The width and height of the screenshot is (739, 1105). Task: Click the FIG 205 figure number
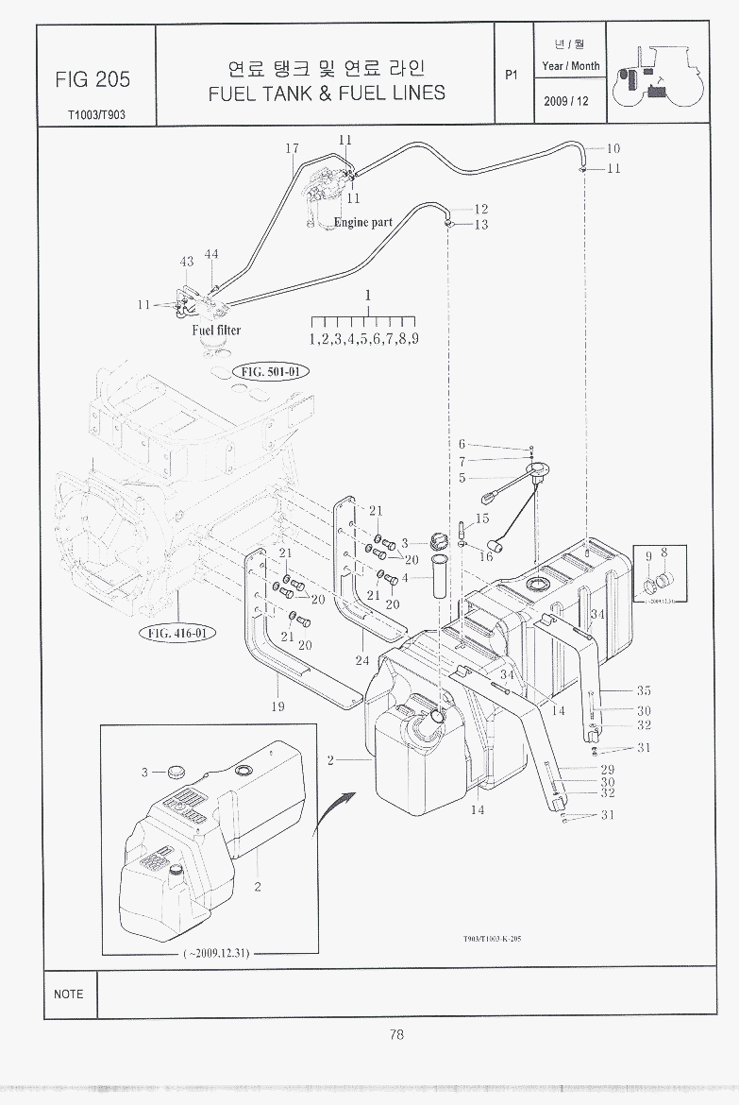click(92, 79)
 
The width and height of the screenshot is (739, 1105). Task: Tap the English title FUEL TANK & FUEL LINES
click(327, 93)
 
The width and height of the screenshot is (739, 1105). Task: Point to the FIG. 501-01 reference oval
click(269, 372)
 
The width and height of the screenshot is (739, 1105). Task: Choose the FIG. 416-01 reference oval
click(176, 633)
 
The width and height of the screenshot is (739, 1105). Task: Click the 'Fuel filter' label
click(216, 330)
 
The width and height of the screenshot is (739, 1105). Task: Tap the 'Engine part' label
click(363, 223)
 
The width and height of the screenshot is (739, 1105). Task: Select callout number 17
click(292, 148)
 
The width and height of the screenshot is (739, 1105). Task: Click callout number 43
click(187, 261)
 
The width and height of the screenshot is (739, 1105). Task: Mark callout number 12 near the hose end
click(480, 209)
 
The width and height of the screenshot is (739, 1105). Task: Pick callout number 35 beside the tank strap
click(644, 691)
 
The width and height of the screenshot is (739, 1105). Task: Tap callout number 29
click(608, 770)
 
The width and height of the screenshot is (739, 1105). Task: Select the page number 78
click(396, 1034)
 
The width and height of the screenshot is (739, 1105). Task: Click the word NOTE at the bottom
click(69, 994)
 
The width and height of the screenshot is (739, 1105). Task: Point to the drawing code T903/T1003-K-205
click(492, 939)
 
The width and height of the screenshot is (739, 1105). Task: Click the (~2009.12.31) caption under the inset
click(216, 953)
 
